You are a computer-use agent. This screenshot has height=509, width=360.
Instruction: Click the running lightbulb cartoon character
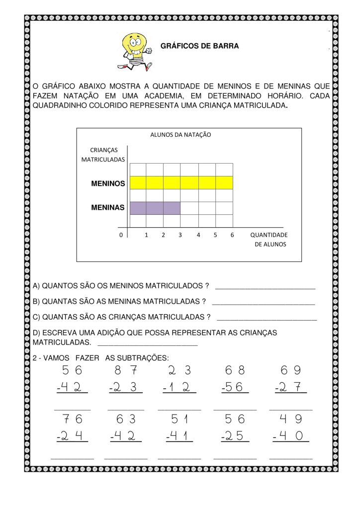(134, 50)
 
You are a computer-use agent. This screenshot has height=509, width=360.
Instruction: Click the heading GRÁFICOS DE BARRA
(199, 46)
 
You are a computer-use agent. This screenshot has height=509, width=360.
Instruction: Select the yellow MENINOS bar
(181, 182)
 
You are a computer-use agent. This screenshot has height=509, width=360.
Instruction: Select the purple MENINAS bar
(155, 208)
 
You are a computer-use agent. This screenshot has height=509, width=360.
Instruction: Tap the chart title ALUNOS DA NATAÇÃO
(180, 134)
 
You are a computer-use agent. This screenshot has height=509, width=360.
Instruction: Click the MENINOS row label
(108, 183)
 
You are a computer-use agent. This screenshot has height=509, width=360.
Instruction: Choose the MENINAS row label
(108, 207)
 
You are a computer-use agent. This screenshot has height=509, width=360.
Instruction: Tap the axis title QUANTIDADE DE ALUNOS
(269, 239)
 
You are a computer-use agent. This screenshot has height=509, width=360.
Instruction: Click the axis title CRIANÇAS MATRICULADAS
(103, 154)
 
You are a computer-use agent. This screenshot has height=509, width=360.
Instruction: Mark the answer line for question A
(265, 287)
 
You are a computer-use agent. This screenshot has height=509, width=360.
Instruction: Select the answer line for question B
(263, 303)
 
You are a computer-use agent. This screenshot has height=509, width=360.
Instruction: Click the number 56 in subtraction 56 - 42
(72, 370)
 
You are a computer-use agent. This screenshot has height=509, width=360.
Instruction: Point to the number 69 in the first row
(291, 370)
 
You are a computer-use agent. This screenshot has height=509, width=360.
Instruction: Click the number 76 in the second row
(72, 419)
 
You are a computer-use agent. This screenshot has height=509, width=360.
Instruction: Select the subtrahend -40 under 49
(291, 436)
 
